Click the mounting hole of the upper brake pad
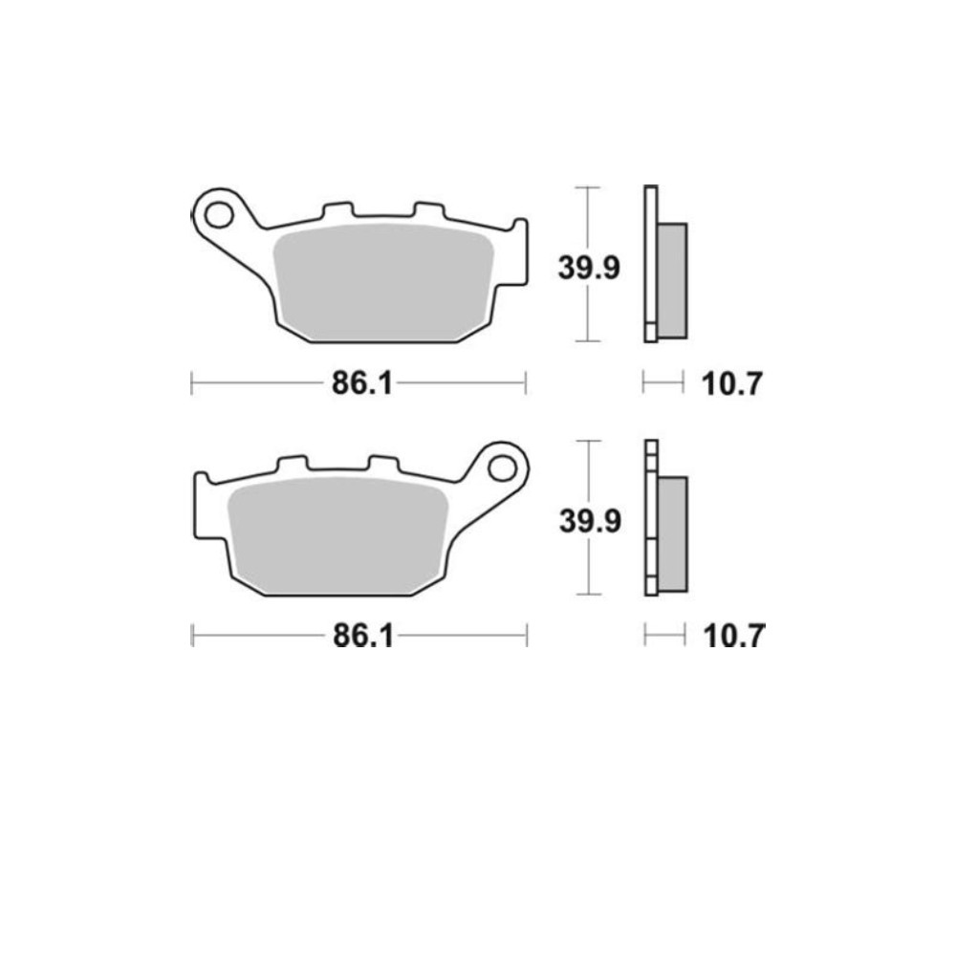[x=219, y=215]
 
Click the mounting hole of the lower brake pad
[x=502, y=468]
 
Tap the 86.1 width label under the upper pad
[x=362, y=384]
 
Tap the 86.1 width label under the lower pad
[x=363, y=637]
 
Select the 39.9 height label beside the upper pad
[x=589, y=268]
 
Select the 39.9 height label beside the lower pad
[x=590, y=521]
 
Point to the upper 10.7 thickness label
[x=731, y=384]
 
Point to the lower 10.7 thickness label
[x=733, y=637]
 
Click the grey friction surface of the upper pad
[x=384, y=282]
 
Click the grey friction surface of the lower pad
[x=338, y=535]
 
